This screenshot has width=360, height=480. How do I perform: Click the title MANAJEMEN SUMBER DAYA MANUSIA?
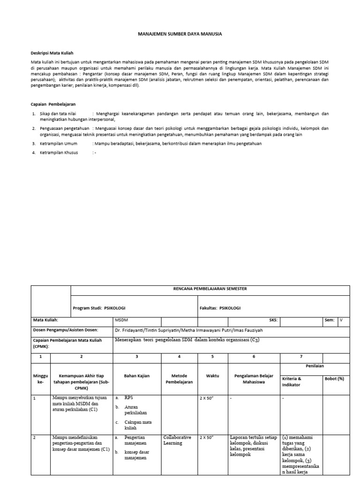(180, 34)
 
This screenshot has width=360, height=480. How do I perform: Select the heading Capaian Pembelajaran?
(53, 104)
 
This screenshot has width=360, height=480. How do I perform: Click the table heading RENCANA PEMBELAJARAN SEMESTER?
(210, 289)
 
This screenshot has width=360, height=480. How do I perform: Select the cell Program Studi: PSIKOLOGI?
(99, 308)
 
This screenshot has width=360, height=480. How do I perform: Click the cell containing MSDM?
(121, 320)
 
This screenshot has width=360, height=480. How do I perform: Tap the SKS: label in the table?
(273, 320)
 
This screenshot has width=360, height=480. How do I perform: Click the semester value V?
(341, 320)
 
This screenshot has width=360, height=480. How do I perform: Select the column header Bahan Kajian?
(137, 376)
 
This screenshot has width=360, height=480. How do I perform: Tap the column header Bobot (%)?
(334, 378)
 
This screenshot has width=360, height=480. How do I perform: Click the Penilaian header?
(315, 366)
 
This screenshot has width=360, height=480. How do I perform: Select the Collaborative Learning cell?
(177, 440)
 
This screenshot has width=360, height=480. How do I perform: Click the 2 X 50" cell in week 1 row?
(207, 398)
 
